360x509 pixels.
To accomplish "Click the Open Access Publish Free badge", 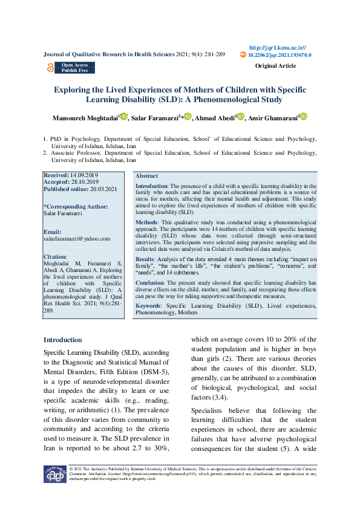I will [74, 67].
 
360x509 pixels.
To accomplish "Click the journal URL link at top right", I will [277, 47].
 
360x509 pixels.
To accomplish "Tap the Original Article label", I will [275, 65].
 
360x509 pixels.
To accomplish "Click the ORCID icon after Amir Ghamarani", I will [304, 117].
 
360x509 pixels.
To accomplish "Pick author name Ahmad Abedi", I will [215, 118].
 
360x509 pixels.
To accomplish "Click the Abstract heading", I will [147, 175].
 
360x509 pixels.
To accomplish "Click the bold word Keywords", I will [149, 306].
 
